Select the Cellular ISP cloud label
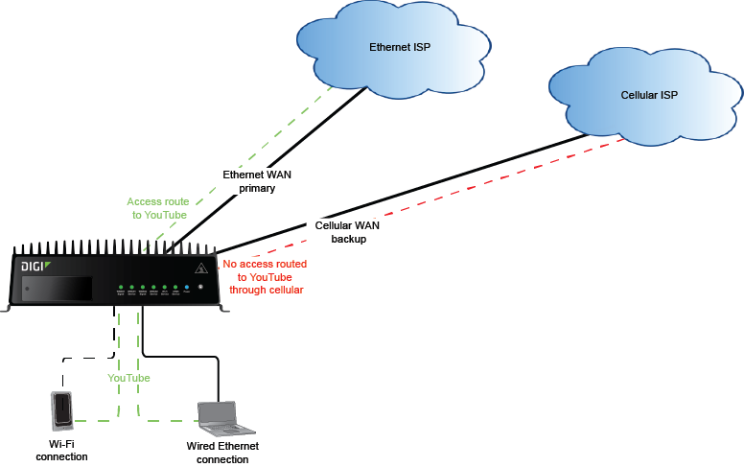click(650, 95)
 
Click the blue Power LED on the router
click(188, 288)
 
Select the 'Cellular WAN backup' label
click(348, 231)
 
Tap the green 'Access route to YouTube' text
click(157, 208)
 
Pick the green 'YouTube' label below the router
click(128, 378)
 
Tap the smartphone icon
click(61, 410)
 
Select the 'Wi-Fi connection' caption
click(61, 450)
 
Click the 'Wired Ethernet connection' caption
click(222, 453)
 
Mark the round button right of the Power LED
click(200, 288)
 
